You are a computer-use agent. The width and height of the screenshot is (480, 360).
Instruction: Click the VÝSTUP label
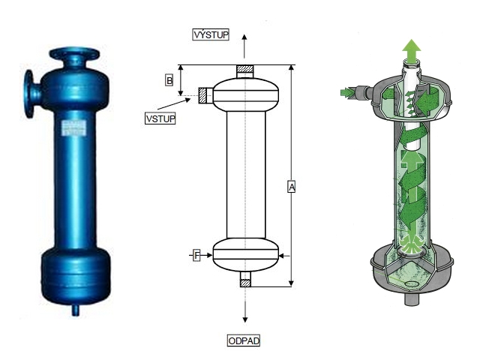[x=211, y=34]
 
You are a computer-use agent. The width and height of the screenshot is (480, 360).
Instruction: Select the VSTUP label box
[x=160, y=118]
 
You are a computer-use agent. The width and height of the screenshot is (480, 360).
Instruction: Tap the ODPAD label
[x=243, y=340]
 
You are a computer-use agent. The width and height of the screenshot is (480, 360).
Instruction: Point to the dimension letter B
[x=169, y=79]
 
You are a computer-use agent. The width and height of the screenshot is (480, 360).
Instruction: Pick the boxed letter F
[x=197, y=256]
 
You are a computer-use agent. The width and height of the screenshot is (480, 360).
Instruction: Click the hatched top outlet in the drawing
[x=245, y=70]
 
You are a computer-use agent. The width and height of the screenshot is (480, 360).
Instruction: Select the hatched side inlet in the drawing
[x=205, y=94]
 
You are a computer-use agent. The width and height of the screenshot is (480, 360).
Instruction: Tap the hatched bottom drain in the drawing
[x=245, y=281]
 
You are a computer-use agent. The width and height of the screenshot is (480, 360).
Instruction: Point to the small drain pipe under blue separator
[x=75, y=308]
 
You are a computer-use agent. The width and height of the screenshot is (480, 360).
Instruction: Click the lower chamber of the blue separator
[x=75, y=274]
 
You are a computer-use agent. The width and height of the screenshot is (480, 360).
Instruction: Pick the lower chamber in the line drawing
[x=245, y=255]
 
